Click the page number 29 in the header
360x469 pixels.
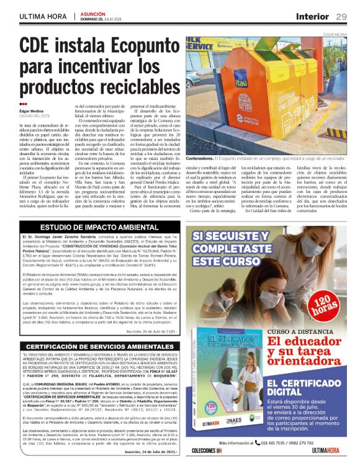[x=341, y=16]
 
